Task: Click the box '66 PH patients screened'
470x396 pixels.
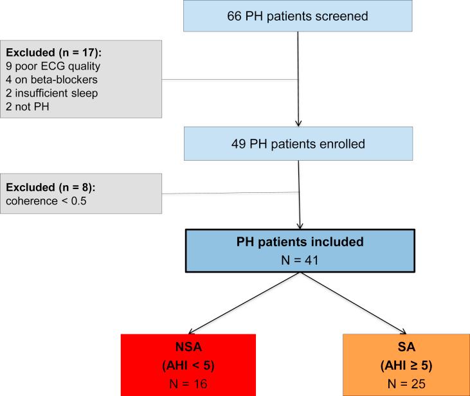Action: [x=298, y=16]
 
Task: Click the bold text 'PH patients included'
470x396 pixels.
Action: [x=298, y=244]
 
